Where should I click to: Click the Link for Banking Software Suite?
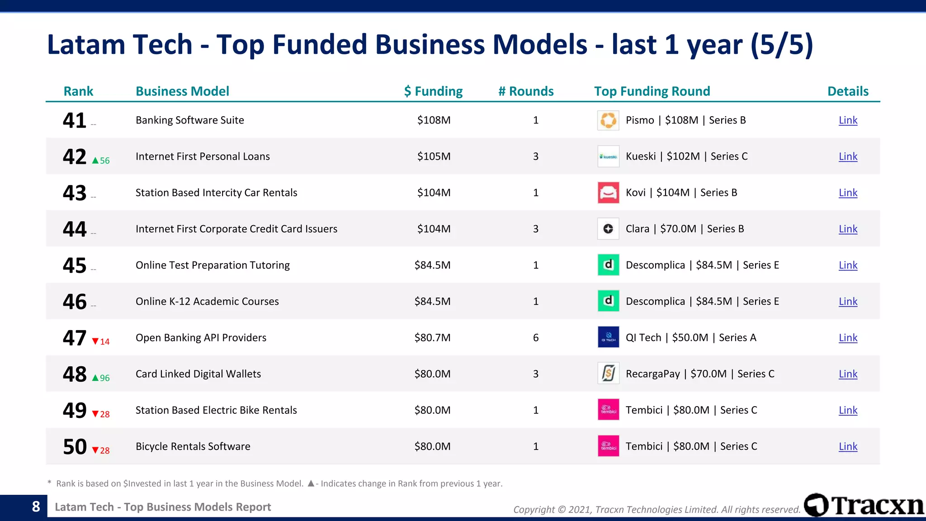click(x=848, y=120)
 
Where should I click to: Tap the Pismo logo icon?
click(x=608, y=120)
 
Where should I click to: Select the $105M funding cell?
click(x=434, y=156)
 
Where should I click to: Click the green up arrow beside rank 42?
click(x=95, y=161)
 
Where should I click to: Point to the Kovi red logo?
click(x=608, y=193)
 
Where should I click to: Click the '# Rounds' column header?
click(x=526, y=91)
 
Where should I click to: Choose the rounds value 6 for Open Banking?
click(x=536, y=338)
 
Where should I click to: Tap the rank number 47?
click(x=75, y=338)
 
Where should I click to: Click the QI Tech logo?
click(x=608, y=337)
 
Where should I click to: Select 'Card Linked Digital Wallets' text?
click(x=198, y=374)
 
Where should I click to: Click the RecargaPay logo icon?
click(x=608, y=374)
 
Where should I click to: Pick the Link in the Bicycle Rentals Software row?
click(x=848, y=446)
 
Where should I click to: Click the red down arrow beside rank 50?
click(x=95, y=450)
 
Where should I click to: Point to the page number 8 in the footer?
click(x=36, y=507)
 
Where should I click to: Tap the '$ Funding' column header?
click(x=433, y=91)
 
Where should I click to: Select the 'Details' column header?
click(x=848, y=91)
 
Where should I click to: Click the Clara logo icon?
click(x=608, y=229)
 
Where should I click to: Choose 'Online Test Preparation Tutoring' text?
click(x=213, y=265)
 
